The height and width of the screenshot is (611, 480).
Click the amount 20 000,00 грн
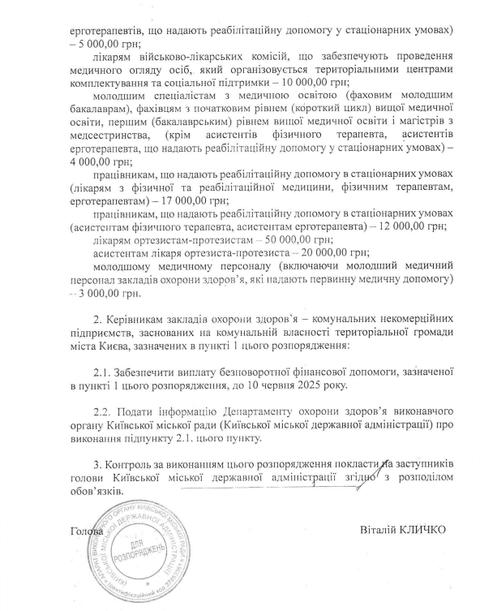click(322, 254)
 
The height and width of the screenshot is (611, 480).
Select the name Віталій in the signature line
click(376, 530)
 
